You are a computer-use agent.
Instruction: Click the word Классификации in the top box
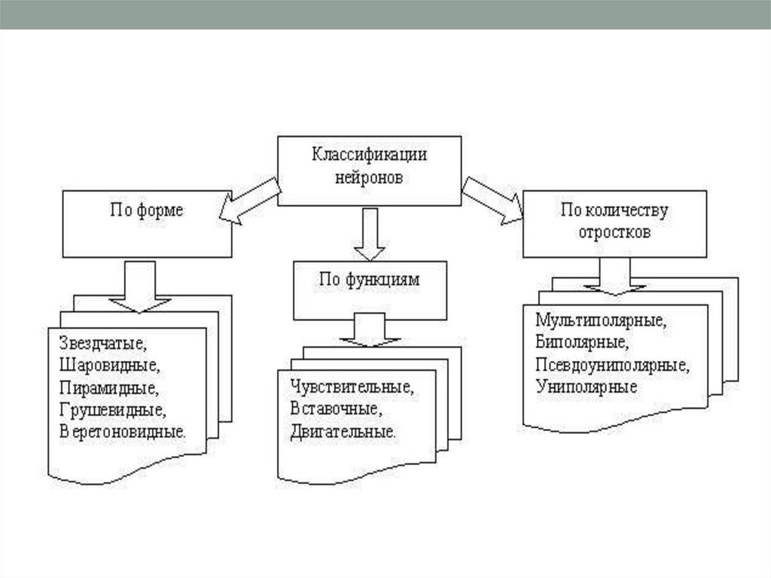click(369, 155)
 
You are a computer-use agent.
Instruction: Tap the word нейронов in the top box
click(369, 179)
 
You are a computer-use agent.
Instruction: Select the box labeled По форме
click(147, 222)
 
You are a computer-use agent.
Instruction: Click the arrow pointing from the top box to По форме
click(250, 204)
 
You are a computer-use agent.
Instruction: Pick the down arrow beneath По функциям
click(367, 332)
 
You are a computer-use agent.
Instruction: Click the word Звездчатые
click(102, 345)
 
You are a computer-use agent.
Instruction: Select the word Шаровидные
click(108, 367)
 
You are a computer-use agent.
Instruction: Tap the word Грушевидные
click(111, 411)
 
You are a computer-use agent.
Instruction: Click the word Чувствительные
click(351, 390)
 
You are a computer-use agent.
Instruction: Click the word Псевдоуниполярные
click(613, 365)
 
